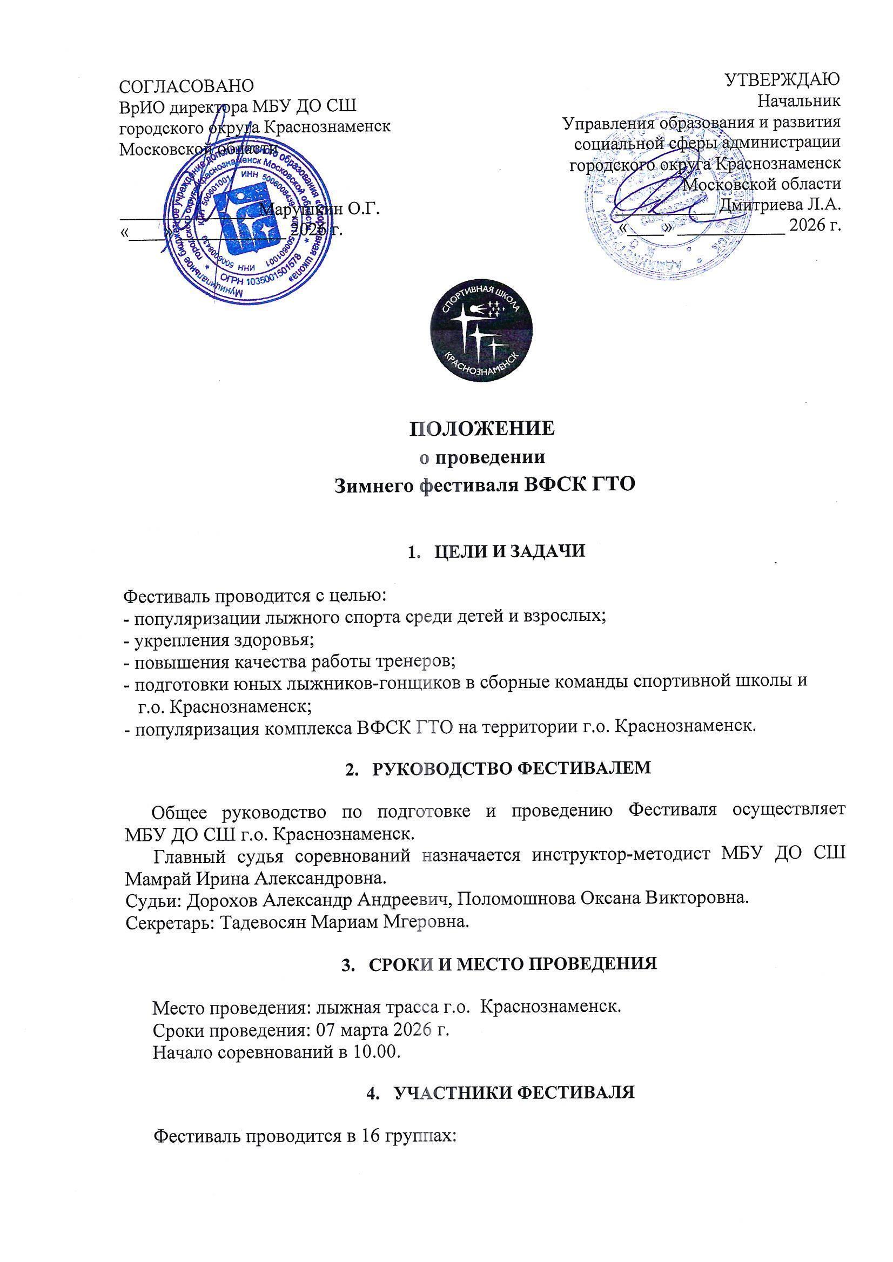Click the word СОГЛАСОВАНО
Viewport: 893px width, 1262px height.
(187, 86)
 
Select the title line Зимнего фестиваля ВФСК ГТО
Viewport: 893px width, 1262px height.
(485, 485)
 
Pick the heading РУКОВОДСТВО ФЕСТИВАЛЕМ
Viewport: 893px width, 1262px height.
(512, 768)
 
